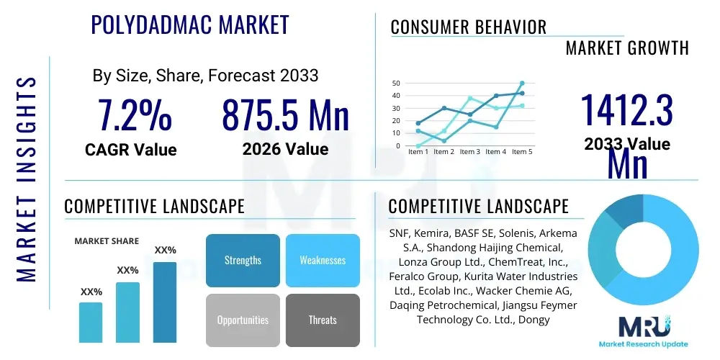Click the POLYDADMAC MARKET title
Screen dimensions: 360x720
pos(190,24)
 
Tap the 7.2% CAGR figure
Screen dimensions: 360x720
pos(135,115)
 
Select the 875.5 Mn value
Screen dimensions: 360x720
pos(285,115)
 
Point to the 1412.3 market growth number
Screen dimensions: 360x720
pos(627,112)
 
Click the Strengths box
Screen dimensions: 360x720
pos(243,260)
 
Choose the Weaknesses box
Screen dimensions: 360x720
pos(323,260)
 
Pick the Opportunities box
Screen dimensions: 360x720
pos(243,320)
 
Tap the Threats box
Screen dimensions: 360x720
pos(323,320)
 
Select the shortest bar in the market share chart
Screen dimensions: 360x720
pos(91,322)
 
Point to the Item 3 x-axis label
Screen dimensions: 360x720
pos(469,152)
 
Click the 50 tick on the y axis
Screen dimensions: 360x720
pos(395,84)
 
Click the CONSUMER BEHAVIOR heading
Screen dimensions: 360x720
pos(469,27)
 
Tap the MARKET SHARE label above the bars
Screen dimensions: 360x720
pos(107,241)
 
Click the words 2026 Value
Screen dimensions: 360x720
pos(285,149)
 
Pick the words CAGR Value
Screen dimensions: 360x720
pos(130,150)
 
